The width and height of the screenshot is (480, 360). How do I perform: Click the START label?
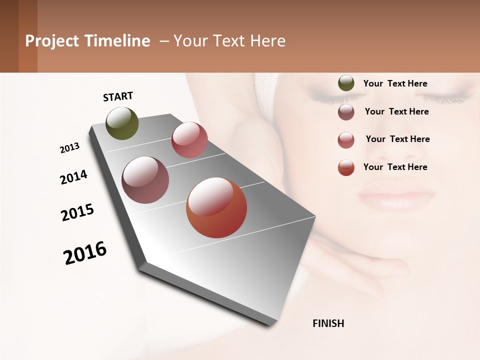[118, 96]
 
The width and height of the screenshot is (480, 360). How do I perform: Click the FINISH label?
[328, 323]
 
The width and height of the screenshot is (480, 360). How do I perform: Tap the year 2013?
[69, 148]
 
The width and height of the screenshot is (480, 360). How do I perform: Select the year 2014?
[73, 177]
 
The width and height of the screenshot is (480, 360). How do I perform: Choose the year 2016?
[85, 253]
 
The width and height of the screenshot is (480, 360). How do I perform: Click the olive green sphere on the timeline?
[122, 123]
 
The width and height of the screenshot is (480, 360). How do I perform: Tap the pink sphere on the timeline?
[189, 140]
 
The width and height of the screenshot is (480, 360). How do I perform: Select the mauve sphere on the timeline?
[145, 180]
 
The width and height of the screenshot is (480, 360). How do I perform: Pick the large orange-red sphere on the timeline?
[216, 208]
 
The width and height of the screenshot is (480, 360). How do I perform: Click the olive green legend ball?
[346, 83]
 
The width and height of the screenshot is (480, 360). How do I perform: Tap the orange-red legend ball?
[346, 167]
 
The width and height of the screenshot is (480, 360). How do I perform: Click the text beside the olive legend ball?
[395, 83]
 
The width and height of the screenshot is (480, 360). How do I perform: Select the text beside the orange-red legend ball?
[395, 167]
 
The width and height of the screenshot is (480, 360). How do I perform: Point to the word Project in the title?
[52, 41]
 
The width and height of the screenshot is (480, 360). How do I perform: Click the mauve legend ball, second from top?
[346, 112]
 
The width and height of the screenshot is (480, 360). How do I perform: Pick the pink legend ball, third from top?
[346, 140]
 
